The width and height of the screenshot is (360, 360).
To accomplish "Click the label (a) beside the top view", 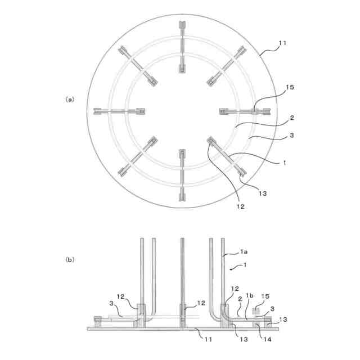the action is [70, 100].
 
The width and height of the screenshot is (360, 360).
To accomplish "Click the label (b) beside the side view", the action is [70, 260].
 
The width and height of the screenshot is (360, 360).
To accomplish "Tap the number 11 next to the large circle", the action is [282, 43].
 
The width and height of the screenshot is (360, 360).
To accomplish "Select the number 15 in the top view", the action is [290, 87].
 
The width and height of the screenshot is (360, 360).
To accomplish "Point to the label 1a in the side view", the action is [244, 252].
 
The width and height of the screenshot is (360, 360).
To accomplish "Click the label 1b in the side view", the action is [250, 296].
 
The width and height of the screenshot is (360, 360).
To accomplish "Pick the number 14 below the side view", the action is [267, 339].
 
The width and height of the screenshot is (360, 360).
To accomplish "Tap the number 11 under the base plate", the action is [208, 339].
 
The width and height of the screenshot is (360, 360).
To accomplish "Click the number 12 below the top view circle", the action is [240, 206].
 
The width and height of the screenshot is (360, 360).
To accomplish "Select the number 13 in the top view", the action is [263, 193].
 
